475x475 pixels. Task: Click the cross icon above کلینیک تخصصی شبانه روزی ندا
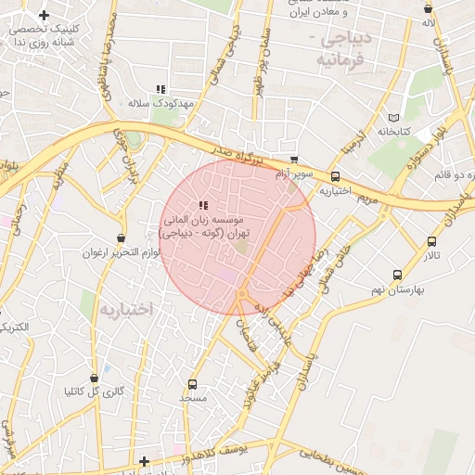pos(44,16)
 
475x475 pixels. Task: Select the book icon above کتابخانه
pos(396,118)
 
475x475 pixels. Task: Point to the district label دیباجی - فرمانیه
pos(343,49)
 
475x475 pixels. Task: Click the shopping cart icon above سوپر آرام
pos(294,160)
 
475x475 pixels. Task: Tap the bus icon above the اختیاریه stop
pos(335,176)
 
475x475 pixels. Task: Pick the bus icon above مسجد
pos(193,384)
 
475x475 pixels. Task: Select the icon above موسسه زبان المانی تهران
pos(203,206)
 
